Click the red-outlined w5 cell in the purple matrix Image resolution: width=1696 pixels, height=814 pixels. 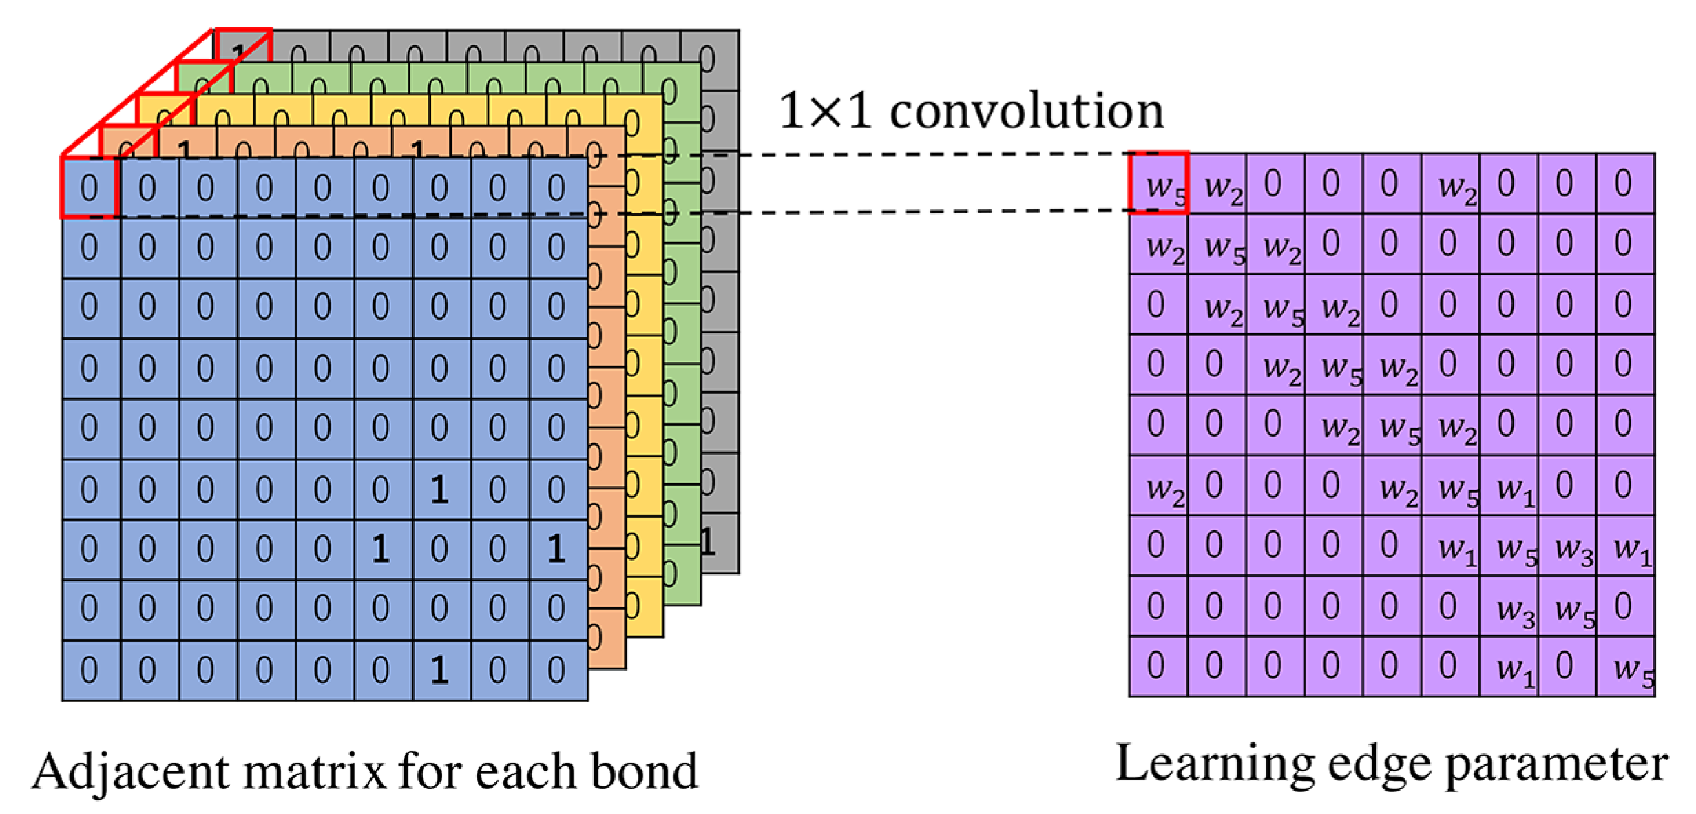(1159, 184)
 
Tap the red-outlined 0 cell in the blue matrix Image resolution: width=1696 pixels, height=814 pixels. (90, 187)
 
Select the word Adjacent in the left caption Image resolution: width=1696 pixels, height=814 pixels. (130, 771)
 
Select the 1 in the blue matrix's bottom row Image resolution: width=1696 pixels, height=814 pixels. (439, 669)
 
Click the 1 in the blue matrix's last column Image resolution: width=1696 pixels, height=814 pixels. (556, 548)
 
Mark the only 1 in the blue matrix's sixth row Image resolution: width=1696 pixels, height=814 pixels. (439, 489)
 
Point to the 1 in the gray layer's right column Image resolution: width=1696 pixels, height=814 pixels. (707, 543)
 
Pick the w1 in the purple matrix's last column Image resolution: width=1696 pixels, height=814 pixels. (1632, 548)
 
